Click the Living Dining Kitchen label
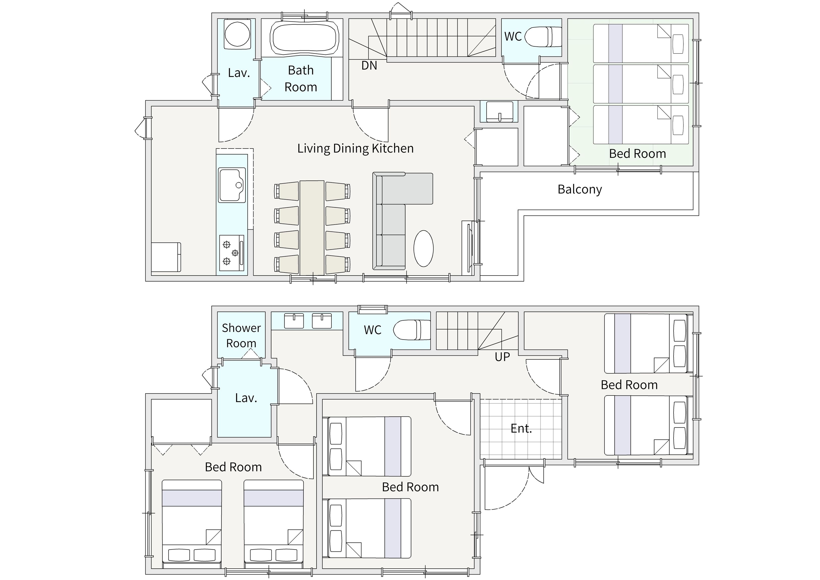[x=355, y=148]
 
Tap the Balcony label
[x=580, y=189]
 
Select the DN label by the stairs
[x=369, y=65]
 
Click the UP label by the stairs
[x=502, y=356]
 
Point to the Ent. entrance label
[x=521, y=428]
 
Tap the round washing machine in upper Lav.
[x=237, y=34]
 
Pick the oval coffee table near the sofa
[x=424, y=248]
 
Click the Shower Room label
[x=241, y=335]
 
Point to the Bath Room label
[x=301, y=79]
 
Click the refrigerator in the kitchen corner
[x=166, y=257]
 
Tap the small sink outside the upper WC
[x=499, y=111]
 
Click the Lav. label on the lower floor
[x=246, y=398]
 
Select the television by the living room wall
[x=470, y=248]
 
